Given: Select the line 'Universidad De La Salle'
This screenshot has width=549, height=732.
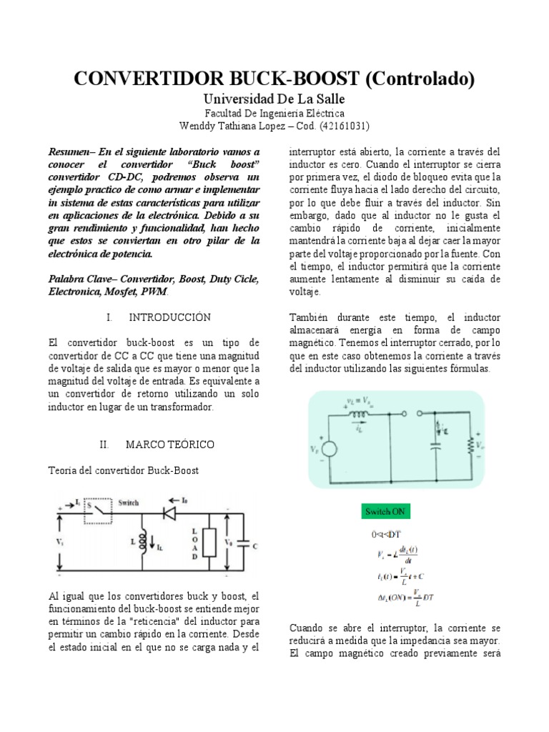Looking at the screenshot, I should point(274,99).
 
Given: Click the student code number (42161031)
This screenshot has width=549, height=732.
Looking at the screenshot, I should point(344,126).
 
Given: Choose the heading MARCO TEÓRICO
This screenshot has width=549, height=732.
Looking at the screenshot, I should point(169,445).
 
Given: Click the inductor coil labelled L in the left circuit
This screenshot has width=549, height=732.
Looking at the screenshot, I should point(142,540).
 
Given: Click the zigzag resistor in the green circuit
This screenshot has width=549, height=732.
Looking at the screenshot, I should point(470,446).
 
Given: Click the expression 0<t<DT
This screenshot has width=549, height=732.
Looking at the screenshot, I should point(387,535).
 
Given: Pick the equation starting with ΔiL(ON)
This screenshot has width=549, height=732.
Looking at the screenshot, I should point(404,596).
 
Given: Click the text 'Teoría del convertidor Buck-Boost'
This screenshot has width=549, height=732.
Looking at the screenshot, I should point(122,470).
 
